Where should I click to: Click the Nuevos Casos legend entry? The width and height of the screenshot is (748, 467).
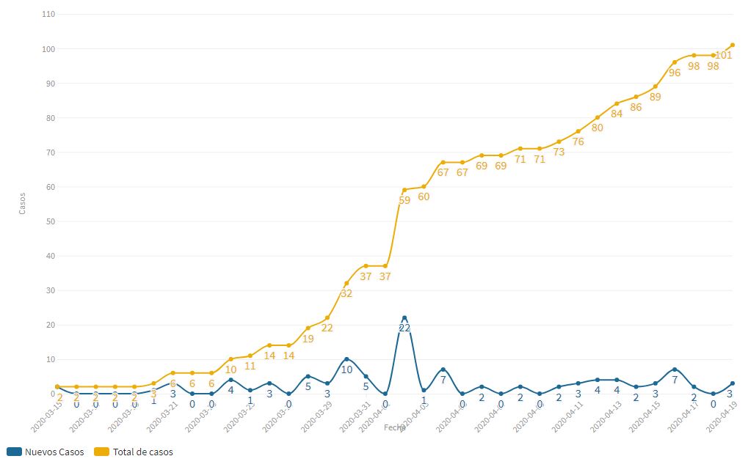point(46,452)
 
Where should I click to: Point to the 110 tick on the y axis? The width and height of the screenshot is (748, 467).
point(49,15)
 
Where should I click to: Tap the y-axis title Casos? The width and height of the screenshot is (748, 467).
point(22,203)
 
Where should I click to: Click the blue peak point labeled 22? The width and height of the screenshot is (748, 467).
point(404,318)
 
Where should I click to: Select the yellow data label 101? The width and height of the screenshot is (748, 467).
point(723,56)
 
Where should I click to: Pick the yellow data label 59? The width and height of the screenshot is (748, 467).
point(404,200)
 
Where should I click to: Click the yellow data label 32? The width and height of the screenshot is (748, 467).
point(346,293)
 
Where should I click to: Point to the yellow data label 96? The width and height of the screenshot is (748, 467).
point(675,73)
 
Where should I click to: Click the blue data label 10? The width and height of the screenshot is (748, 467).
point(346,369)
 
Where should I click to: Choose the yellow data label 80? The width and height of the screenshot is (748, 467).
point(598,128)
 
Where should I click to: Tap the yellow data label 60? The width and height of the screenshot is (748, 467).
point(424,196)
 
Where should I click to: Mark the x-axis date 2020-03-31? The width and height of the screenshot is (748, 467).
point(353,416)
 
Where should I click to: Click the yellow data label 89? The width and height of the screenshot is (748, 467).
point(656,97)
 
